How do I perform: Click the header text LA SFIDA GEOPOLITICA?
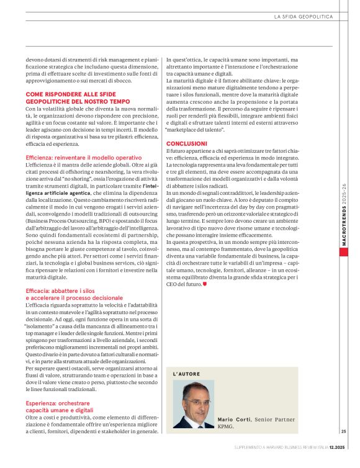304,17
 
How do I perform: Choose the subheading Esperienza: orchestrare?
60,402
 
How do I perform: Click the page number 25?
343,431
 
